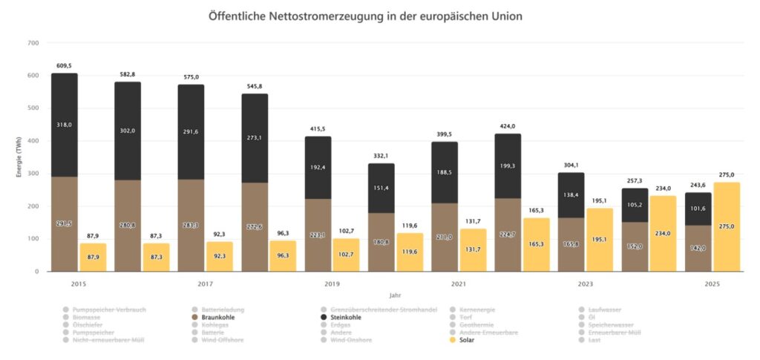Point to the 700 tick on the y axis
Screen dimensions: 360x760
coord(33,43)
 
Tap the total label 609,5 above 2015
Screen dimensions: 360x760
coord(64,66)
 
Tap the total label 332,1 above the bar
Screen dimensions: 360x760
coord(381,157)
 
